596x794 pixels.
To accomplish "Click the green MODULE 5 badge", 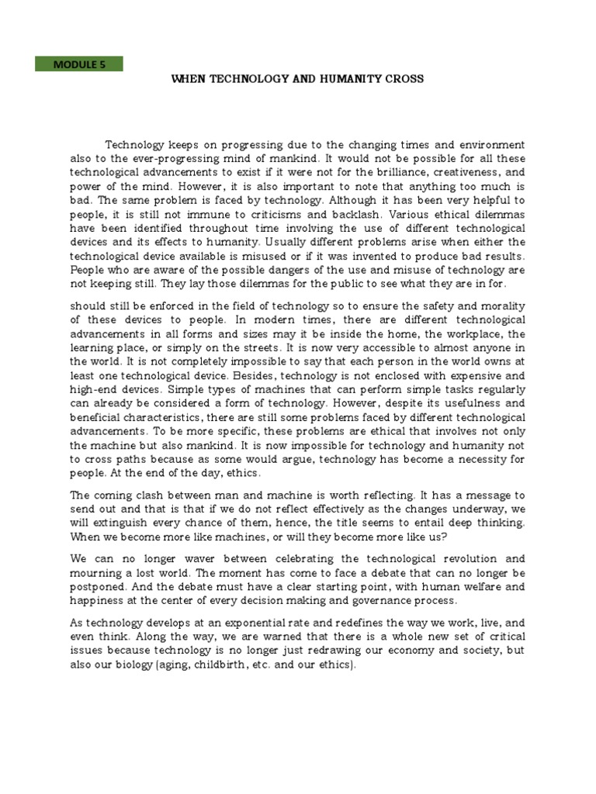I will click(79, 64).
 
